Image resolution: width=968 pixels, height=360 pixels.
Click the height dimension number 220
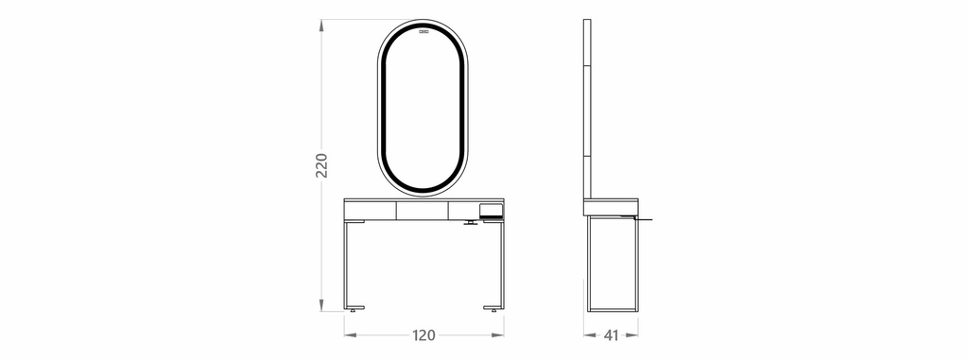[x=321, y=165]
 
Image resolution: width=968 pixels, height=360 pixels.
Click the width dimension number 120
[x=423, y=335]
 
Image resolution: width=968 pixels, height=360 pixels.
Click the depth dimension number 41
[x=611, y=335]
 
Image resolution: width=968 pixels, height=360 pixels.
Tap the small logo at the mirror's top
[x=423, y=31]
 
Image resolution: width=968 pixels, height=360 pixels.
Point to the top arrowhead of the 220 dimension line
[x=321, y=26]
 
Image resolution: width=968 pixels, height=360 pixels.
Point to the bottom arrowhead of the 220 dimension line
[x=321, y=305]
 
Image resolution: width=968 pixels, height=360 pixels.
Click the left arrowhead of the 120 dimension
[x=351, y=335]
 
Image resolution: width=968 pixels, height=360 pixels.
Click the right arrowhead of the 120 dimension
[x=497, y=335]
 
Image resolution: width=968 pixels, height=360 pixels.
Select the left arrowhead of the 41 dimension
[x=590, y=335]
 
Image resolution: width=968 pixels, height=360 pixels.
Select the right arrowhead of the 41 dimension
[x=631, y=335]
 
